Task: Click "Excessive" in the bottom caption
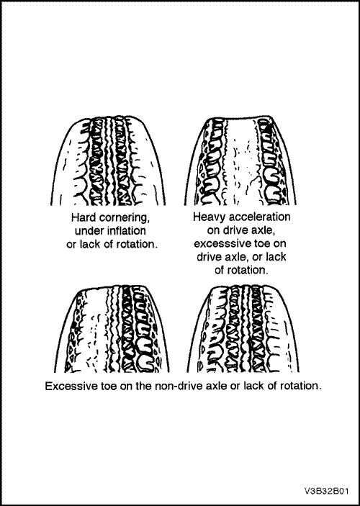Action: (68, 387)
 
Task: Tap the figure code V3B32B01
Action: (326, 491)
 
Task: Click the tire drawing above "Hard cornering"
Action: (108, 161)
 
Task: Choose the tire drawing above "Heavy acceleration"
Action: (240, 161)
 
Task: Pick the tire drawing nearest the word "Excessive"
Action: (113, 328)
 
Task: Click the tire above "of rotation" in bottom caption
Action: (243, 328)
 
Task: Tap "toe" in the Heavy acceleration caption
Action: (256, 243)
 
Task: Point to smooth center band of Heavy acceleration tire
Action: (240, 161)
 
